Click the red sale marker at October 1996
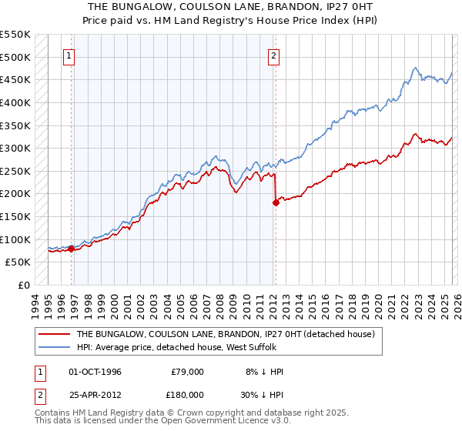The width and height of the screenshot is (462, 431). click(x=71, y=249)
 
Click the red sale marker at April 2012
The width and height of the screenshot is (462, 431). click(x=275, y=203)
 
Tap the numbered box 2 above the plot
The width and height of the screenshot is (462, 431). click(x=274, y=55)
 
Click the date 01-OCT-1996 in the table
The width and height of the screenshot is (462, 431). click(x=95, y=372)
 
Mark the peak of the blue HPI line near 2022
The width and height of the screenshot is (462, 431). click(x=415, y=68)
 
